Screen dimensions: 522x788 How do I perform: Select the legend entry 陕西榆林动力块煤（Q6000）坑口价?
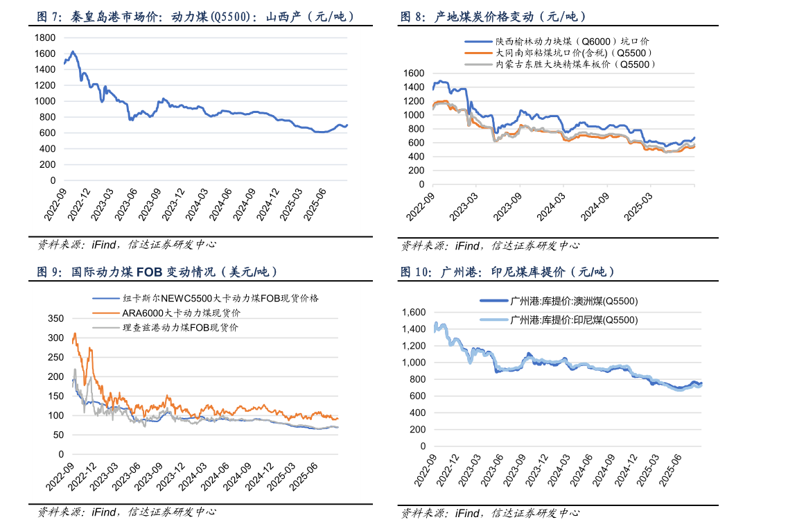coord(572,42)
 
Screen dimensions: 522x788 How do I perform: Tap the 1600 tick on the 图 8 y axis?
coord(413,73)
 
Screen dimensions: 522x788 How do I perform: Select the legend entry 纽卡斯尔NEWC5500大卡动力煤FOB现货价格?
coord(220,298)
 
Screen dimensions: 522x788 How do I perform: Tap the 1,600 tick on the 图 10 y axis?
coord(414,313)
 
